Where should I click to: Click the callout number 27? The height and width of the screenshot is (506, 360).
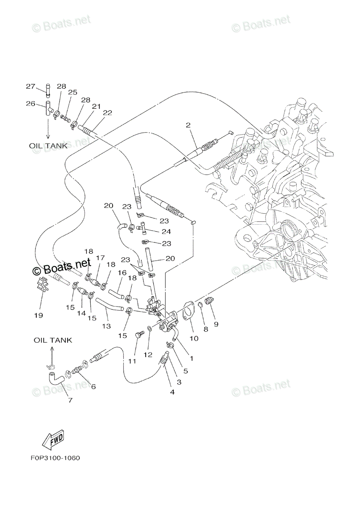[30, 86]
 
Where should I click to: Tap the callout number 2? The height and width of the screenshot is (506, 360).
[188, 125]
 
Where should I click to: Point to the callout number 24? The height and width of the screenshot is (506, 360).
[166, 231]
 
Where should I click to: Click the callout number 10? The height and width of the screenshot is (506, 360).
[194, 338]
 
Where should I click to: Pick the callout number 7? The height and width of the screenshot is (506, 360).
[70, 400]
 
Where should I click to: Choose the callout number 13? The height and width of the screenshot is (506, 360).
[106, 326]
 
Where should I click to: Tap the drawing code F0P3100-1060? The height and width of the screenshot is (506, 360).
[55, 458]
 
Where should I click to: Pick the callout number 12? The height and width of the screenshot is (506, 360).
[147, 355]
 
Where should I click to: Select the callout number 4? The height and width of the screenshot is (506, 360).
[172, 392]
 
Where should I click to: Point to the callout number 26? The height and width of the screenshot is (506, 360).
[30, 103]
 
